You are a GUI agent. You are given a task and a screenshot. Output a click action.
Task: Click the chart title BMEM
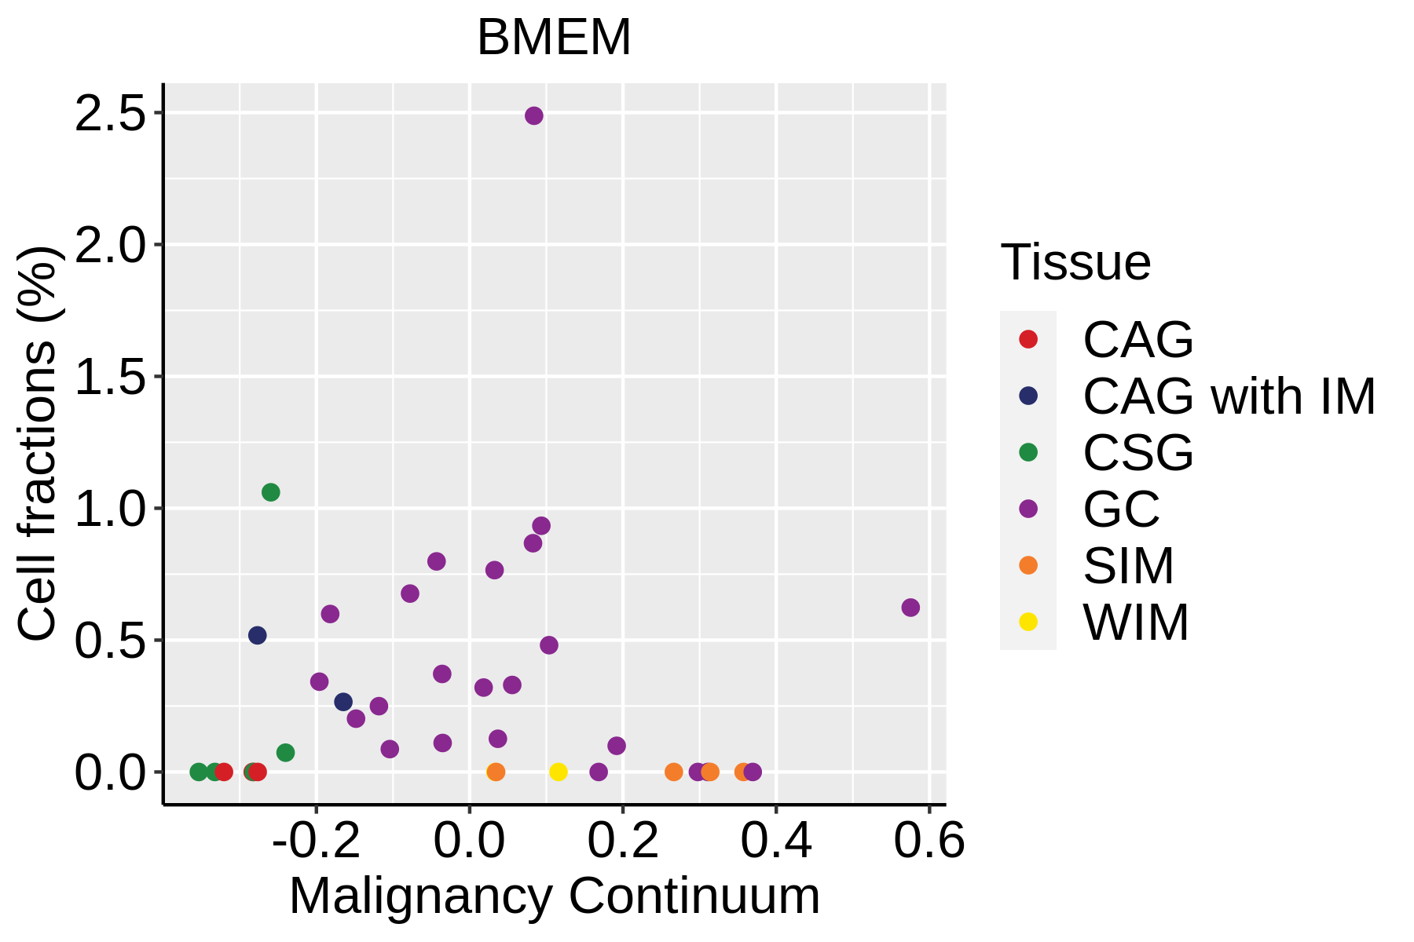554,38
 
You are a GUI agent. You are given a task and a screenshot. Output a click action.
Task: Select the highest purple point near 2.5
534,116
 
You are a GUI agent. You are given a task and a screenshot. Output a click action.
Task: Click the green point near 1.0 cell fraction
271,492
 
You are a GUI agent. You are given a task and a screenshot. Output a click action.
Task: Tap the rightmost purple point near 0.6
910,608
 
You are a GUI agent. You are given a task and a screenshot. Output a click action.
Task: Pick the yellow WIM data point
559,772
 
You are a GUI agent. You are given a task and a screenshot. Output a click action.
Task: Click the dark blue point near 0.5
258,635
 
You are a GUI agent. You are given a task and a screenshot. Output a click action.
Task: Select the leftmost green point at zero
199,772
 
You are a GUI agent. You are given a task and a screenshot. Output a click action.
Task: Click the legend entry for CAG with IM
1229,396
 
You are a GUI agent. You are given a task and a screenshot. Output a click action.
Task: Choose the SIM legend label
1128,566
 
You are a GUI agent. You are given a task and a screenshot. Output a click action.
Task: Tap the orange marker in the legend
1028,565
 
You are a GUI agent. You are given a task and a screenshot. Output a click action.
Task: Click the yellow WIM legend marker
1028,622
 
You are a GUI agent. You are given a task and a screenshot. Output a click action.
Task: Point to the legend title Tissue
1075,262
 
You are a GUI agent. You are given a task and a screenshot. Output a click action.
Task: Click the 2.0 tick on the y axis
111,246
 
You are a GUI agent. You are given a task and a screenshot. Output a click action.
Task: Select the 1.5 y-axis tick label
111,378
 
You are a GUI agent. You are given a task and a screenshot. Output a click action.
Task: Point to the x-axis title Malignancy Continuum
555,896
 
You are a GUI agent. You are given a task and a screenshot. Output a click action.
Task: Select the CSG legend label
1137,453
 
